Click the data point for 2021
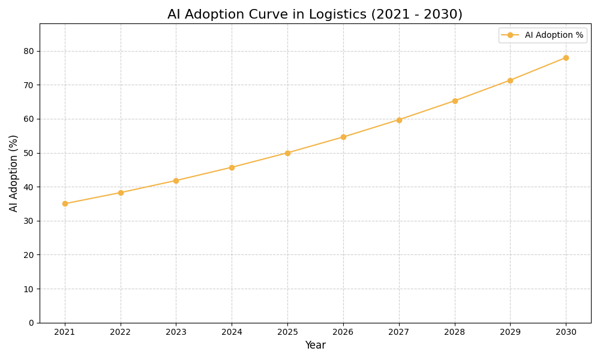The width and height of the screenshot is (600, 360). (x=65, y=203)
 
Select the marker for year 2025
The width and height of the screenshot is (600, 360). (x=287, y=153)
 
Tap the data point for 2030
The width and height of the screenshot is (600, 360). (x=566, y=58)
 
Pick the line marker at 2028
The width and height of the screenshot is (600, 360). (x=455, y=101)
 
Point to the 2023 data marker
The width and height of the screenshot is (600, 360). (x=176, y=181)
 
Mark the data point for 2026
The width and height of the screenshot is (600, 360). (x=343, y=137)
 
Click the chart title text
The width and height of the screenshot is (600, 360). (x=314, y=14)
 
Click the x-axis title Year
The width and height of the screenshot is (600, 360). (x=315, y=346)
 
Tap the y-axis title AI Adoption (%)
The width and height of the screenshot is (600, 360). (x=14, y=173)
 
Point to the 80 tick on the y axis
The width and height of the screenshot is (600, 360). (x=29, y=51)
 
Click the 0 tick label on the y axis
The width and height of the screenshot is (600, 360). (x=31, y=323)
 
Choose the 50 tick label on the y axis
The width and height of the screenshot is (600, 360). (x=29, y=153)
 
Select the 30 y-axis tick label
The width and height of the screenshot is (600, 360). (x=29, y=221)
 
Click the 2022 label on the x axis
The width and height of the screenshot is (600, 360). (x=121, y=332)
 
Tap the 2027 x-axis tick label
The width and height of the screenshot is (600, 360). (x=399, y=332)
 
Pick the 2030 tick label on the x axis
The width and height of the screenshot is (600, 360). (x=566, y=332)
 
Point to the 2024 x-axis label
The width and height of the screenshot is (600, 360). (x=232, y=332)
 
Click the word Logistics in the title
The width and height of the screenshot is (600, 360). (x=338, y=14)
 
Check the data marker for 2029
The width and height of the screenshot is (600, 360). (x=510, y=80)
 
